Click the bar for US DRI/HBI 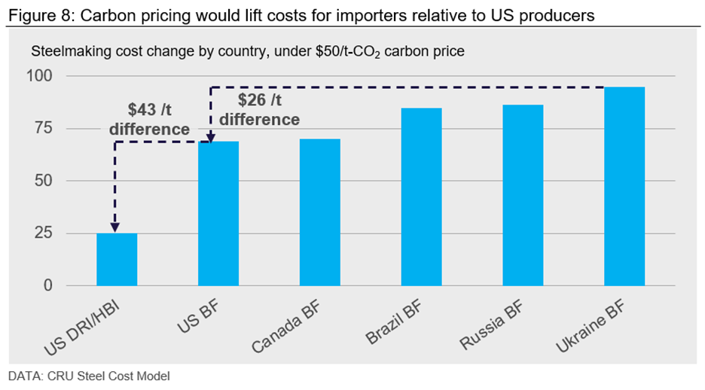(117, 260)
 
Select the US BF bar (218, 214)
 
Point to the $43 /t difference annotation (149, 120)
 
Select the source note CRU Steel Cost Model (90, 376)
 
